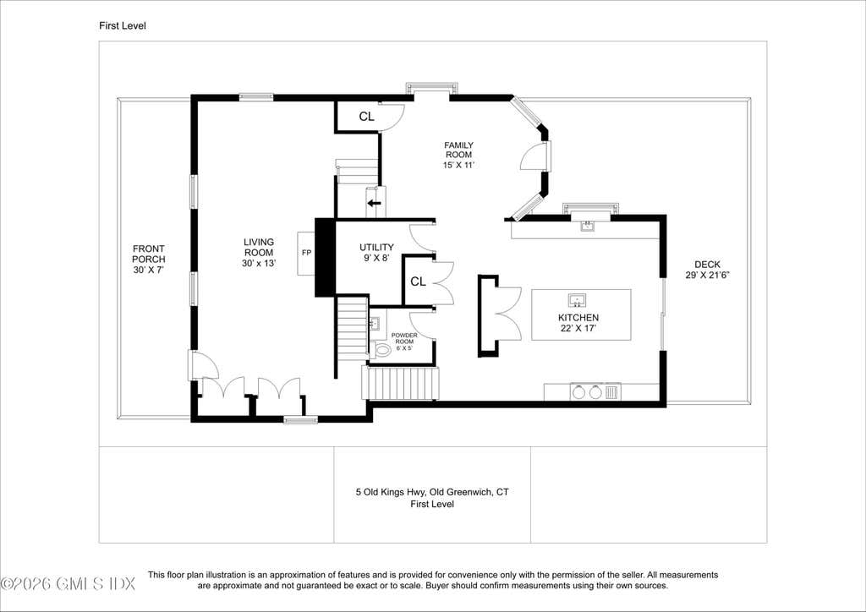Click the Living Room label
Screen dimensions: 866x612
pos(259,253)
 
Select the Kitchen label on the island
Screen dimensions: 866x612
pos(578,323)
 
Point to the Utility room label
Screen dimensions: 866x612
pos(376,252)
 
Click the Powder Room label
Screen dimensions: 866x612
pos(404,342)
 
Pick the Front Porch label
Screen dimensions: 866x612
pos(149,260)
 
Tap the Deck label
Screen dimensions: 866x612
pos(708,270)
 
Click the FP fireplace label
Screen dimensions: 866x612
pos(306,253)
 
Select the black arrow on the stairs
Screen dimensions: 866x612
pos(375,203)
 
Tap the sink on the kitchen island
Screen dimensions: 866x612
pos(577,300)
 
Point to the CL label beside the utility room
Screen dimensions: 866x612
pos(418,282)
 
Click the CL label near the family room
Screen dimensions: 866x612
pos(367,117)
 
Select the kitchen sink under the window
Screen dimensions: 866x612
pos(587,225)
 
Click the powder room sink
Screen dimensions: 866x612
pos(375,322)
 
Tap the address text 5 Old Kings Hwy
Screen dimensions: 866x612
pos(391,492)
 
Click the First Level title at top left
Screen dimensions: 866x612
pos(123,25)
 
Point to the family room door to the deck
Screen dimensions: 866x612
pos(534,157)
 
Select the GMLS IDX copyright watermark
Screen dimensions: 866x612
pos(69,583)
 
